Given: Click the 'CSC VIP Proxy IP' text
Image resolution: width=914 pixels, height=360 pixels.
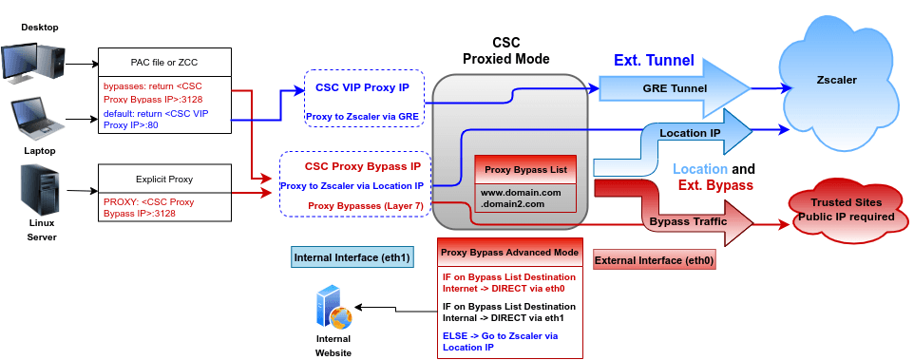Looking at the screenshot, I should coord(362,87).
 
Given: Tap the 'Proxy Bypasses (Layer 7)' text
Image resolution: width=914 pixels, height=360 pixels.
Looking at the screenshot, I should coord(365,204).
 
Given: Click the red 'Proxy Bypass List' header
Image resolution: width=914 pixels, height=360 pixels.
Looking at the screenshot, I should coord(525,170).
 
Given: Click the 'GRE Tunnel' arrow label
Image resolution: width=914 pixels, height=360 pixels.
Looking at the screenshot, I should coord(675,88).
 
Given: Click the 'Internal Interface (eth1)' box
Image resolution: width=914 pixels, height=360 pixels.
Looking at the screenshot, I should coord(352,256).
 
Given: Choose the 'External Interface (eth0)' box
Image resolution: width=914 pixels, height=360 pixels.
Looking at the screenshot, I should coord(654,259).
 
